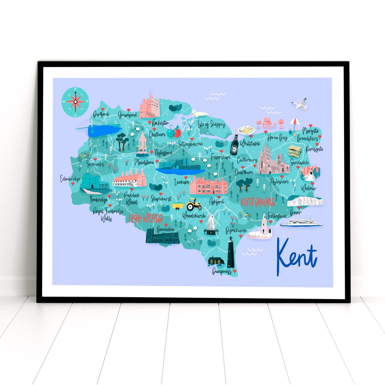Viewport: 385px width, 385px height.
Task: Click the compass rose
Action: (x=75, y=102)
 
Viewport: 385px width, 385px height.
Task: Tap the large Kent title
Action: (x=297, y=255)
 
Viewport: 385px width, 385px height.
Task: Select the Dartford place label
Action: (x=101, y=114)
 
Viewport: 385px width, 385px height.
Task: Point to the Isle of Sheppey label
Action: (x=211, y=125)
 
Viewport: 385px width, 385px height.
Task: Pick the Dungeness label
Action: (x=222, y=272)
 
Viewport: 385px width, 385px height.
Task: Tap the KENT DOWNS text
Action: (x=258, y=202)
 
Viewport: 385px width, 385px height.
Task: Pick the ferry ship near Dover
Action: (x=301, y=223)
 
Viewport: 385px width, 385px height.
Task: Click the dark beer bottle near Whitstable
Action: (x=234, y=144)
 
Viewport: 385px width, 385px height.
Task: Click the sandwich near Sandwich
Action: (x=294, y=151)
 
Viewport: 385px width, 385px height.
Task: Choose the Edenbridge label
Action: (x=70, y=178)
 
